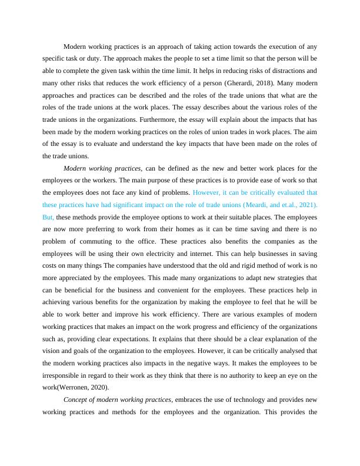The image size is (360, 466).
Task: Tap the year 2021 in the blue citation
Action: click(x=304, y=204)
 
